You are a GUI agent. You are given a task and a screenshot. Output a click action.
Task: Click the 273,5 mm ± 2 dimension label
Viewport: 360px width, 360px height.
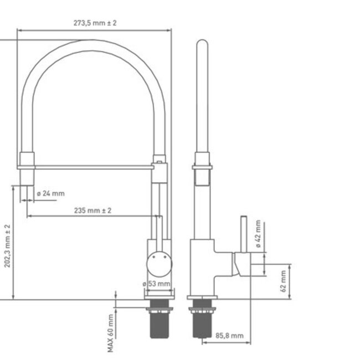tap(95, 23)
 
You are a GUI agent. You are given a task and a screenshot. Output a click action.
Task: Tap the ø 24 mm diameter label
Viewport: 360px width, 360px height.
tap(51, 193)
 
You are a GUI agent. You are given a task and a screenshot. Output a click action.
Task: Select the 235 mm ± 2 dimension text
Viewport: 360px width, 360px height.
tap(92, 210)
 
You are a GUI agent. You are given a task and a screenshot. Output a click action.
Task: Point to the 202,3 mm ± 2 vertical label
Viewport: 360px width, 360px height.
tap(7, 246)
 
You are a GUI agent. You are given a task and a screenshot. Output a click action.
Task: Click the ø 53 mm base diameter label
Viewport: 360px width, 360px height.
tap(157, 284)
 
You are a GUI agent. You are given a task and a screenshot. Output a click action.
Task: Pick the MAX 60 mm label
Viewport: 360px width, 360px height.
tap(111, 332)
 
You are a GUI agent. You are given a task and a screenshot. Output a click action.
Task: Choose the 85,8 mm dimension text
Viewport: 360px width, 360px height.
tap(229, 336)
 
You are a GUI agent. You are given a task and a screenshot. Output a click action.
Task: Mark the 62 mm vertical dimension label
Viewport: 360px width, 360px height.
tap(282, 281)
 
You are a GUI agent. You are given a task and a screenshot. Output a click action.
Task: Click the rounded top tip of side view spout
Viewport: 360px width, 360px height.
tap(202, 44)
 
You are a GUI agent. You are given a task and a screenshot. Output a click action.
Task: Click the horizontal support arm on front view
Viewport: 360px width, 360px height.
tap(89, 166)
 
